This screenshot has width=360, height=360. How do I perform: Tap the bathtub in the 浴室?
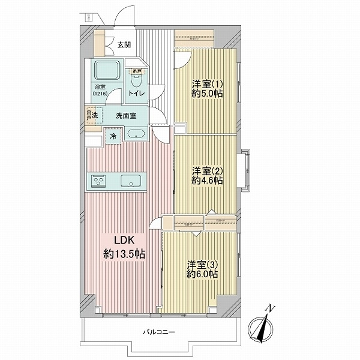point(107,71)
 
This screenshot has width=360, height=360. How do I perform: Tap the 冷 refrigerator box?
point(113,136)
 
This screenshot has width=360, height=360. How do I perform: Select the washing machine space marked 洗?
point(91,115)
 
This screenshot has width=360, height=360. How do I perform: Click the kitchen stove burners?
point(98,181)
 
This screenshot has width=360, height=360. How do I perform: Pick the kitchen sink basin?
point(130,181)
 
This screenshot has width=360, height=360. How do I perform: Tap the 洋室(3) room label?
point(199,264)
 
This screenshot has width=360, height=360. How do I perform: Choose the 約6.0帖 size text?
point(202,274)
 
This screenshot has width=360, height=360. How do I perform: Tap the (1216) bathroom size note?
point(99,94)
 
